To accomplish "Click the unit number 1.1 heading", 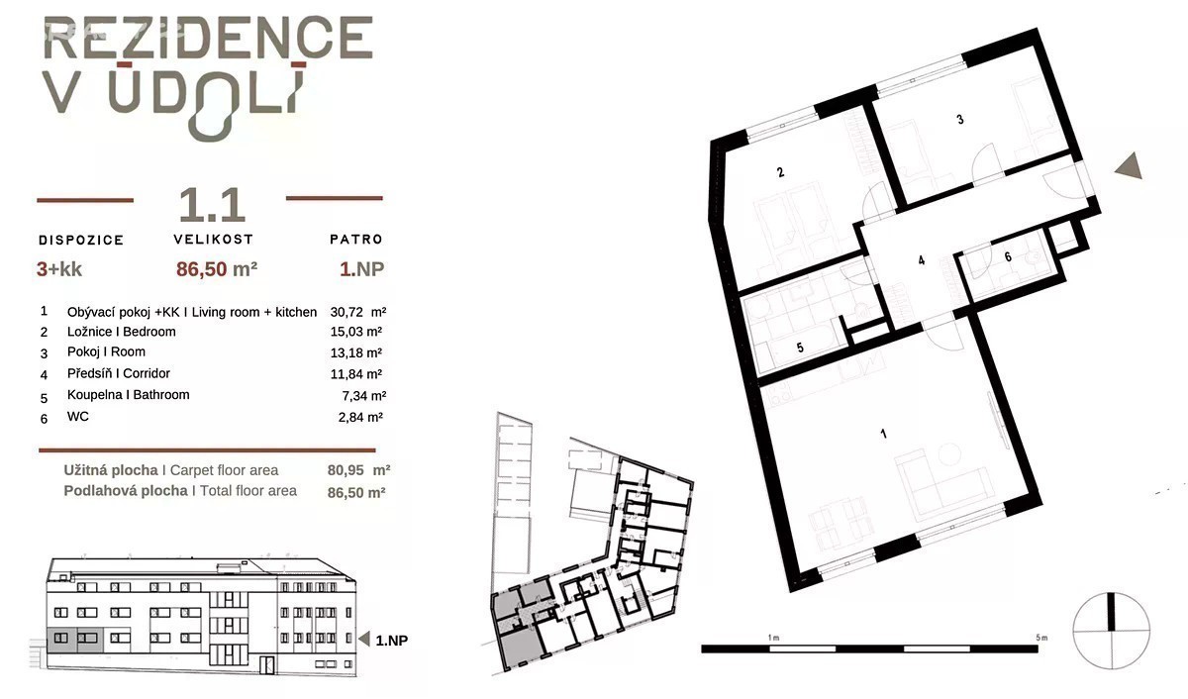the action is tap(212, 205).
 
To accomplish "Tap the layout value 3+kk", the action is tap(58, 269).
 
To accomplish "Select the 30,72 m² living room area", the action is tap(358, 312).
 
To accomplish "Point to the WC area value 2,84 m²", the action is tap(360, 418).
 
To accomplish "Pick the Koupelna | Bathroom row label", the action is tap(129, 395).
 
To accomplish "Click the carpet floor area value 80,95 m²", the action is tap(358, 470).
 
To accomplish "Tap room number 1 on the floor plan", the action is tap(883, 435).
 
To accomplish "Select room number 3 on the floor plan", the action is tap(960, 120).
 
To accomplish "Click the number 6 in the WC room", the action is tap(1008, 256).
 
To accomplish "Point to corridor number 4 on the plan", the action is tap(922, 260).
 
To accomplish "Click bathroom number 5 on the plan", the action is tap(800, 348).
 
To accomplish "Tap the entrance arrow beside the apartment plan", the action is tap(1130, 165).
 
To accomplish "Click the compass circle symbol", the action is tap(1111, 631).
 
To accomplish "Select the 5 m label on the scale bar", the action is tap(1041, 638).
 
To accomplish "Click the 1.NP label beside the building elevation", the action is tap(391, 641).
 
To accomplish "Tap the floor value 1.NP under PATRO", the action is tap(361, 269).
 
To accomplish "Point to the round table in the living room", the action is tap(949, 454).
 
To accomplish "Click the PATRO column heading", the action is tap(355, 240).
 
